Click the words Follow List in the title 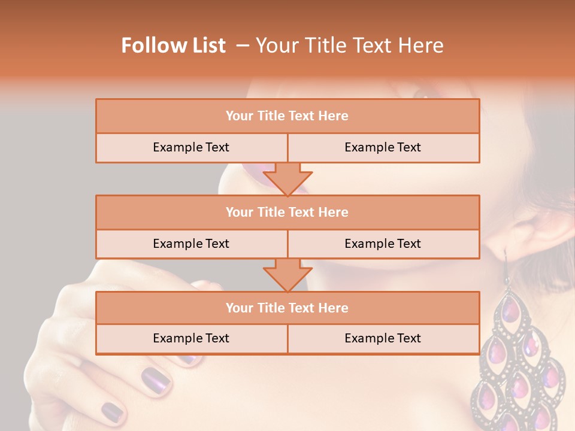coord(174,46)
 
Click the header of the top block coord(287,116)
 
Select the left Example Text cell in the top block coord(191,148)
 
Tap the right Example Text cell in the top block coord(383,148)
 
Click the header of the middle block coord(287,213)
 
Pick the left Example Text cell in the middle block coord(191,244)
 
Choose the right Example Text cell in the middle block coord(383,244)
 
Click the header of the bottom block coord(287,308)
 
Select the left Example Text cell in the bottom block coord(191,339)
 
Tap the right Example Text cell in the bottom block coord(383,339)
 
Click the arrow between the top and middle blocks coord(287,178)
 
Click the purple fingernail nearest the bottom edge coord(112,412)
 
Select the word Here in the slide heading coord(422,46)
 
